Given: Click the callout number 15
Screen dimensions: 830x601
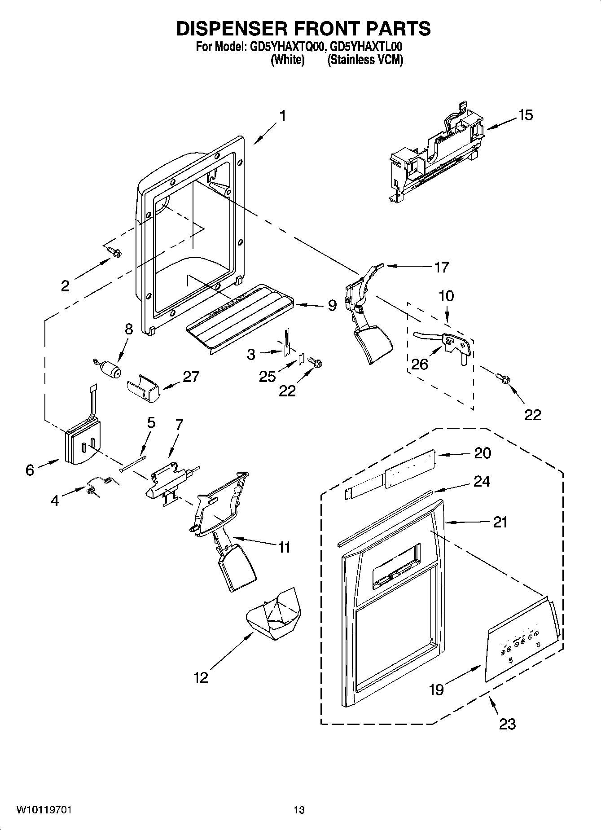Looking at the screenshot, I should click(525, 115).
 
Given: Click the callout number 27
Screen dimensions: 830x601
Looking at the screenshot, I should click(191, 376).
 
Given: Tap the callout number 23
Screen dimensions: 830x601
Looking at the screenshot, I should click(507, 724).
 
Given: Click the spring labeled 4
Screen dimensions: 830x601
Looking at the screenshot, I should click(102, 486).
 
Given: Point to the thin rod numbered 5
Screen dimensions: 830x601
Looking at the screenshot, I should click(133, 463).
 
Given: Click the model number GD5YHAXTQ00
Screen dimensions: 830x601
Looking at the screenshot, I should click(284, 47).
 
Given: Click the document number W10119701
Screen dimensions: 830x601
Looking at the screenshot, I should click(44, 810).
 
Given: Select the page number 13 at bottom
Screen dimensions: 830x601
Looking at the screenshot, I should click(299, 810).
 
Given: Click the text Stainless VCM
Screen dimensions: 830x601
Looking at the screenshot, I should click(365, 60).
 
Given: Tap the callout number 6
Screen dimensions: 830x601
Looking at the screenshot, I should click(30, 470).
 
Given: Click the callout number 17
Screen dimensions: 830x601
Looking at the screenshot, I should click(442, 267).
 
